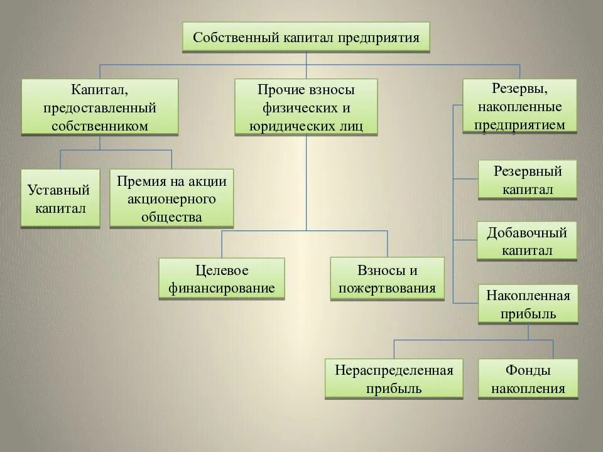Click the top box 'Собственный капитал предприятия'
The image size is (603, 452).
pyautogui.click(x=306, y=37)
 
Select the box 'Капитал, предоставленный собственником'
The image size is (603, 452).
pyautogui.click(x=100, y=106)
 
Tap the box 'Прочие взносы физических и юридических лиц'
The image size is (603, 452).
pyautogui.click(x=306, y=106)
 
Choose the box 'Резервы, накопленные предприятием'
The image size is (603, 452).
pyautogui.click(x=519, y=105)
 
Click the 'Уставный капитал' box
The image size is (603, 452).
pyautogui.click(x=60, y=198)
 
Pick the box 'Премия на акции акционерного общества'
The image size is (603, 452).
pyautogui.click(x=171, y=198)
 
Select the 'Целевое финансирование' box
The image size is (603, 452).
pyautogui.click(x=222, y=279)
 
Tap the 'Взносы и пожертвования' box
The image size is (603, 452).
pyautogui.click(x=388, y=279)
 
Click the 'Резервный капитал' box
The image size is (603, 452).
pyautogui.click(x=528, y=180)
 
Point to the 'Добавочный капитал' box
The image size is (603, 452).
pyautogui.click(x=527, y=241)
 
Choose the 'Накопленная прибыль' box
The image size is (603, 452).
pyautogui.click(x=528, y=304)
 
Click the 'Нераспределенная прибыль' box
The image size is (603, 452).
pyautogui.click(x=394, y=379)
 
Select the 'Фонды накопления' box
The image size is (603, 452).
pyautogui.click(x=528, y=379)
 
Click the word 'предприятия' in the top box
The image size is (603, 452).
pyautogui.click(x=379, y=37)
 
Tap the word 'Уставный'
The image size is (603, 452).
pyautogui.click(x=59, y=190)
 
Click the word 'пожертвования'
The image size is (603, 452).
pyautogui.click(x=388, y=288)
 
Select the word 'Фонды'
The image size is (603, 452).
pyautogui.click(x=528, y=370)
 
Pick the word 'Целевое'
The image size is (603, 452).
pyautogui.click(x=222, y=271)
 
